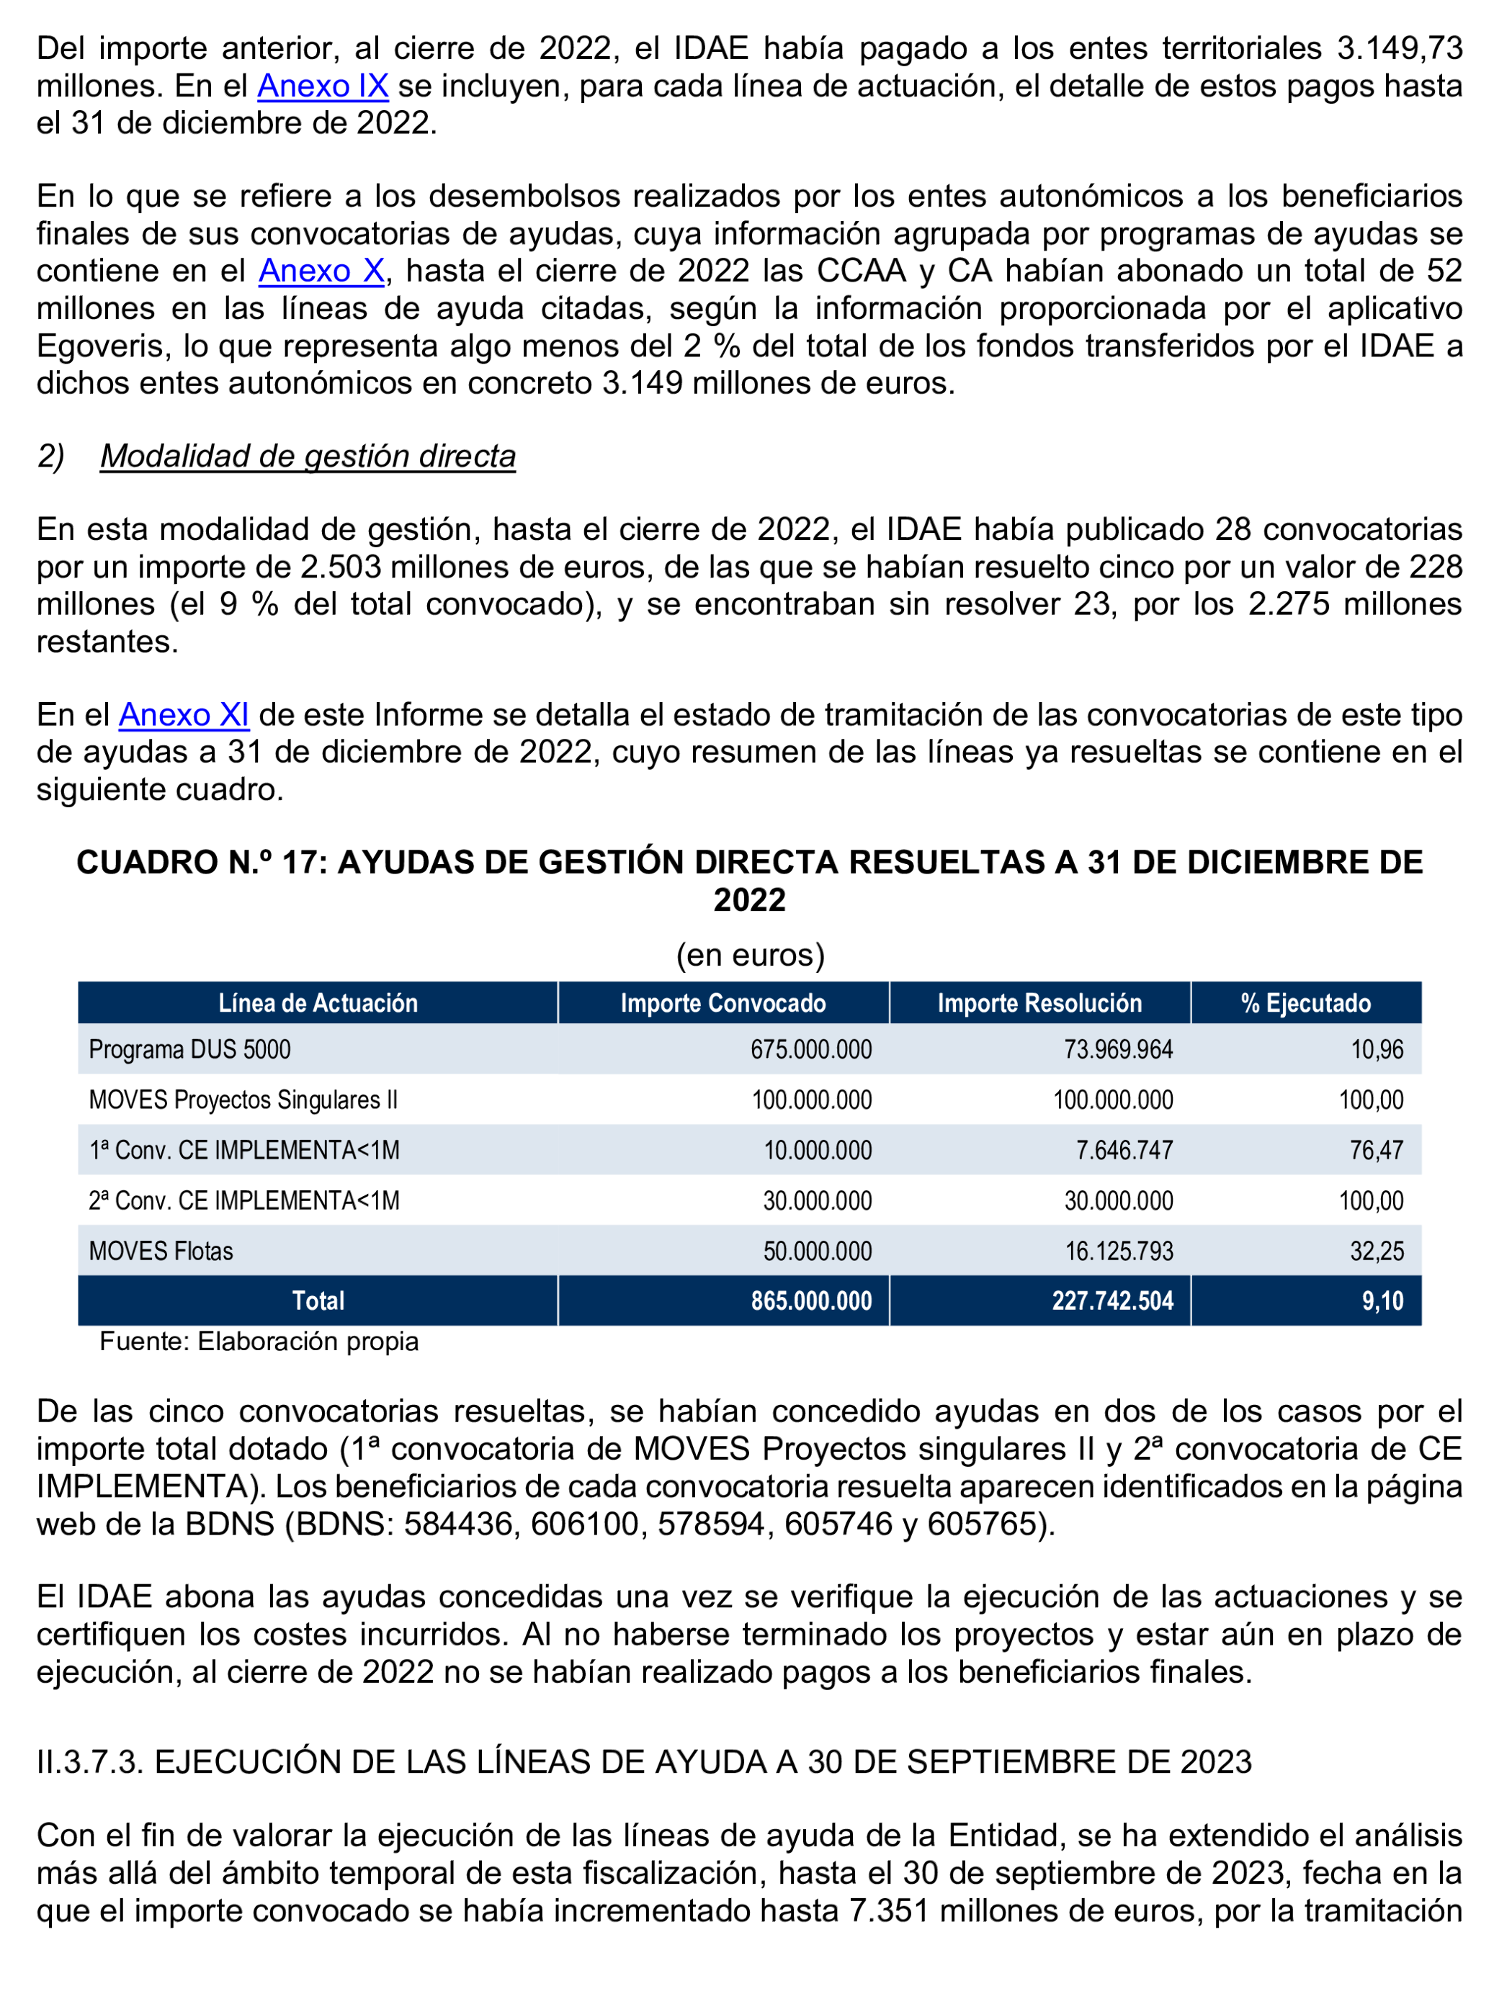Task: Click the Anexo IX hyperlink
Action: point(323,86)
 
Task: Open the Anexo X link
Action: point(322,270)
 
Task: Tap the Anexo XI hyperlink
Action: point(184,715)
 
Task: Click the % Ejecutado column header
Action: point(1305,1003)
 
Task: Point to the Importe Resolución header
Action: point(1039,1003)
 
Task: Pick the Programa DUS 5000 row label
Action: point(189,1050)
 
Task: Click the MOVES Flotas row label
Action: point(161,1252)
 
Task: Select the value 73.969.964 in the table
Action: point(1118,1050)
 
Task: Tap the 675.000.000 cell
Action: point(810,1050)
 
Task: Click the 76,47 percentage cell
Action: point(1377,1151)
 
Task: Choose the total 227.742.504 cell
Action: point(1111,1301)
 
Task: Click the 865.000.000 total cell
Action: point(810,1301)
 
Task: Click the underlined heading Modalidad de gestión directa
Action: point(308,457)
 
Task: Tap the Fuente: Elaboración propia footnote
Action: point(259,1341)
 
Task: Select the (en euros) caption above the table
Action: point(750,956)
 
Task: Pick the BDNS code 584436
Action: point(459,1524)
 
